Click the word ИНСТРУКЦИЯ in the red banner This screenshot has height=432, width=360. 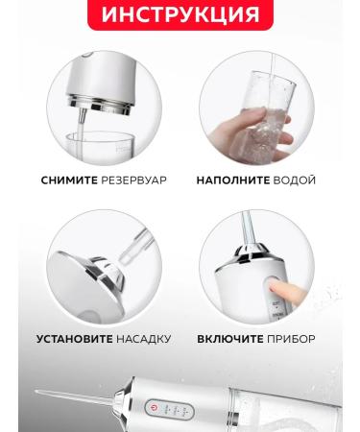pyautogui.click(x=180, y=15)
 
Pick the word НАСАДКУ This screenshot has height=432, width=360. pyautogui.click(x=145, y=339)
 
